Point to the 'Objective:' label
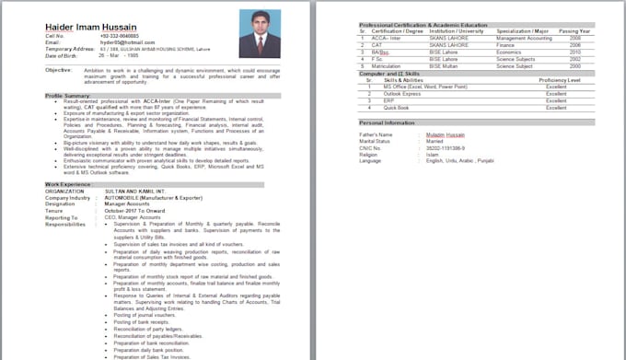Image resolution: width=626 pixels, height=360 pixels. [x=59, y=70]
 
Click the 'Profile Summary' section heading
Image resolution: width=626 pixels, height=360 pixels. [x=67, y=96]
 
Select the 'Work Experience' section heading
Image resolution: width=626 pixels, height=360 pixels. [x=69, y=185]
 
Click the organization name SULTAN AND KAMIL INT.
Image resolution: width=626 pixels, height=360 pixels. [x=135, y=191]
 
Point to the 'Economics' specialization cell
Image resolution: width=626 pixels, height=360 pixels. [x=512, y=52]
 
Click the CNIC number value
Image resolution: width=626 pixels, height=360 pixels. [x=444, y=147]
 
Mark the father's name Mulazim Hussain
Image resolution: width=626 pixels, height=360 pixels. [x=447, y=134]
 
